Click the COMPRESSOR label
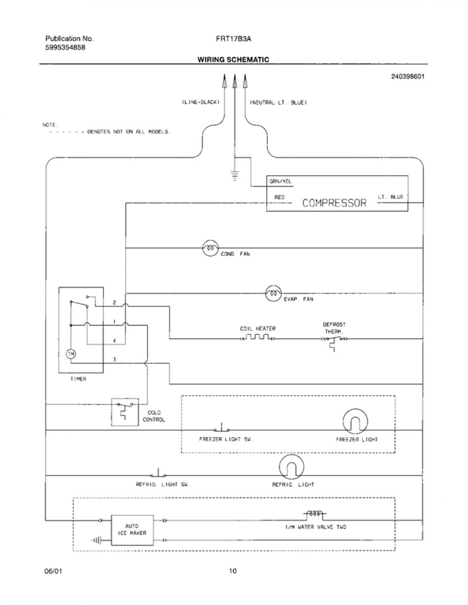pos(334,203)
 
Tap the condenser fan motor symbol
pos(210,248)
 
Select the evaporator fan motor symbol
pos(274,294)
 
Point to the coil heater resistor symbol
pos(258,338)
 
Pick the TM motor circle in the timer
pos(71,354)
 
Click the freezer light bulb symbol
pos(355,421)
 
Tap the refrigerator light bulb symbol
pos(292,467)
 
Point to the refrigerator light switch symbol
pos(158,473)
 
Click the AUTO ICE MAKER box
pos(132,530)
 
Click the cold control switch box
pos(125,412)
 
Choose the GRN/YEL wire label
pos(280,181)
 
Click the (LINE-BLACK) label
pos(201,102)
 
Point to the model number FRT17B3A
pos(234,39)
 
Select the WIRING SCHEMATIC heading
pos(234,59)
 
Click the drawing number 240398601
pos(408,77)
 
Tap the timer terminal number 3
pos(114,360)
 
